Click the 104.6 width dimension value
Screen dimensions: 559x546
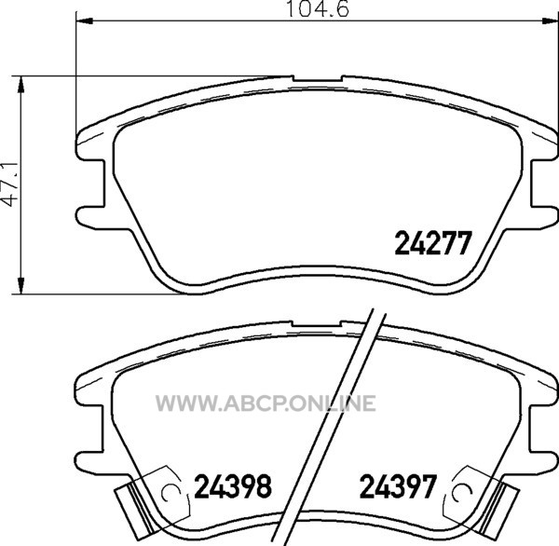[318, 8]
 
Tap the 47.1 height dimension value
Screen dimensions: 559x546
[10, 184]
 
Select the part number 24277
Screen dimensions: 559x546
[433, 243]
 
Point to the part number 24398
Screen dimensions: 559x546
[233, 486]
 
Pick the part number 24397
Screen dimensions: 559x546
[398, 486]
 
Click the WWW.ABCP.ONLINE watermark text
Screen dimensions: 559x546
[266, 403]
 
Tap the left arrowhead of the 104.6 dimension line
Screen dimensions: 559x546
[85, 21]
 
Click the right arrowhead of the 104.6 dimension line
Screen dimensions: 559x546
[550, 21]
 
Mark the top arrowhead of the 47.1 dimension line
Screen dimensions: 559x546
[21, 84]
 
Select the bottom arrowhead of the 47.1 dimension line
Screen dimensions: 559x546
[21, 286]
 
